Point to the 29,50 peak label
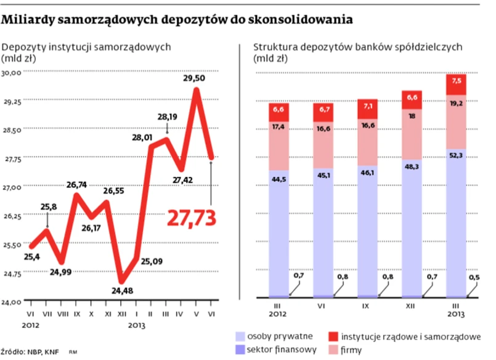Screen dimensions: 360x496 [193, 78]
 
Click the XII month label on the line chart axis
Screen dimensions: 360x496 [122, 313]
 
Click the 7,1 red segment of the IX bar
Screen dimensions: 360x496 [368, 107]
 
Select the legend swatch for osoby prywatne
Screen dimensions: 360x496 [240, 337]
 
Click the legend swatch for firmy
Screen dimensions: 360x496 [333, 350]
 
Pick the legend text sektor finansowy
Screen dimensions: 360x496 [282, 350]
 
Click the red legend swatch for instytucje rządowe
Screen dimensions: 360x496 [333, 337]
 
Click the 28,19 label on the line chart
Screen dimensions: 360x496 [167, 116]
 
